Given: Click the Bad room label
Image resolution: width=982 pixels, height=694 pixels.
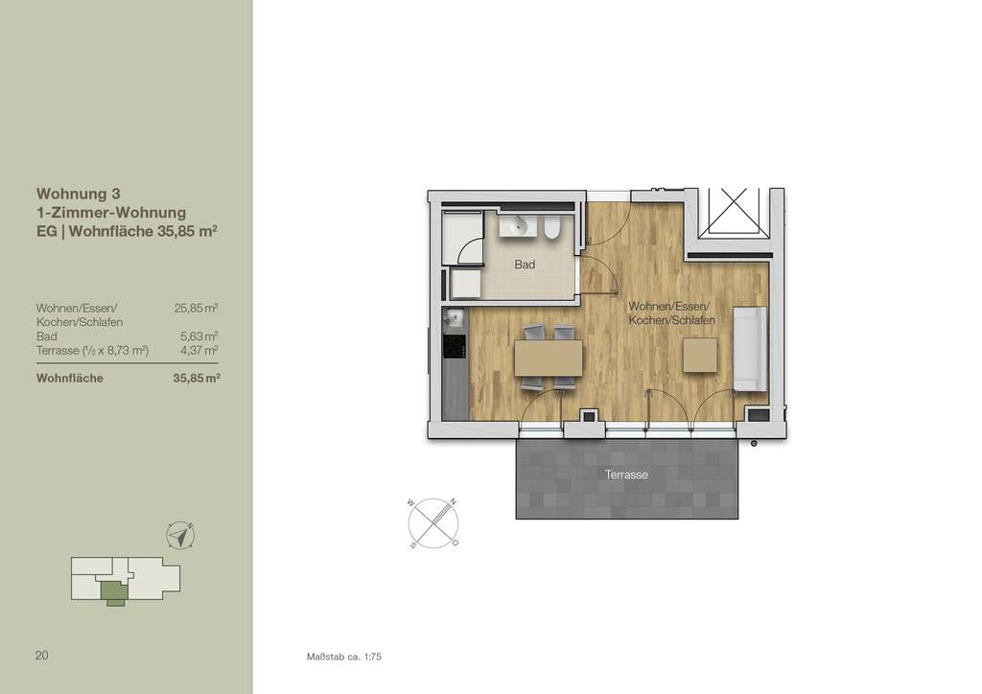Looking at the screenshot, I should tap(524, 265).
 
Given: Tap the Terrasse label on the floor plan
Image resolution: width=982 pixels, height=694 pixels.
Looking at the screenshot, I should tap(626, 474).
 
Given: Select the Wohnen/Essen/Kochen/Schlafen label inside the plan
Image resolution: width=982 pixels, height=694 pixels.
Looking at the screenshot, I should tap(671, 312).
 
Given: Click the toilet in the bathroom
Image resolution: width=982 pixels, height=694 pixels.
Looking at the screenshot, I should tap(552, 228).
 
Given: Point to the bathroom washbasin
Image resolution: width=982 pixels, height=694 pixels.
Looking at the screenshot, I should tap(519, 227).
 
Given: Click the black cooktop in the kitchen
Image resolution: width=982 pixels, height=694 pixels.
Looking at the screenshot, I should tap(455, 348).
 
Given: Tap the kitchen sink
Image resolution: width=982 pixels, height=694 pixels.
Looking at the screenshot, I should tap(455, 317).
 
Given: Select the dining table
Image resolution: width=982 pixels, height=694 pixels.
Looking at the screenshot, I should tap(549, 359).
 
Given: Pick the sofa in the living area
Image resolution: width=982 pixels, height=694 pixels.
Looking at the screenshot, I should tap(750, 349).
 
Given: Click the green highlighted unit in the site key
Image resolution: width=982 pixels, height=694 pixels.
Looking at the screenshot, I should tap(114, 594).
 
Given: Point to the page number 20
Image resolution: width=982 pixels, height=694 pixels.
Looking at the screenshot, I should tap(41, 656).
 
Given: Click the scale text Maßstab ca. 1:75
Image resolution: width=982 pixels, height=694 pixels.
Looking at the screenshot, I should tap(344, 658).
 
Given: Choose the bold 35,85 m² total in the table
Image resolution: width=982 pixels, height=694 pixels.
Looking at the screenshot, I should tap(196, 378).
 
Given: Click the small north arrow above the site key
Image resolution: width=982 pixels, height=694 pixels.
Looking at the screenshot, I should tap(179, 535).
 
